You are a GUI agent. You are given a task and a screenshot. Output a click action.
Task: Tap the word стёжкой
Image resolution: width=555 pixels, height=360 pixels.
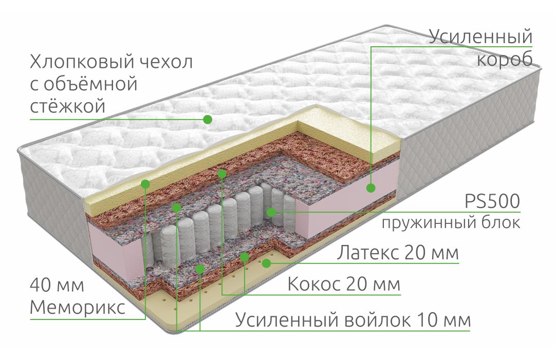68,106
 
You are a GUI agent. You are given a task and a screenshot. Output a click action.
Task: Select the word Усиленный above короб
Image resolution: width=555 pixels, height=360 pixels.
480,37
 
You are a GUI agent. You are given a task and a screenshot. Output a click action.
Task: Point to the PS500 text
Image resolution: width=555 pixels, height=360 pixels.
492,201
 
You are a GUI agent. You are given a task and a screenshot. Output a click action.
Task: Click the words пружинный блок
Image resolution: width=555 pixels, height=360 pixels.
451,223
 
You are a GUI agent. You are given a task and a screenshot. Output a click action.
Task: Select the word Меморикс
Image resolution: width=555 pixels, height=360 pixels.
78,308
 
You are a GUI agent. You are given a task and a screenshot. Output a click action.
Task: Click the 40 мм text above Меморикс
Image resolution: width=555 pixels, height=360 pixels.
57,285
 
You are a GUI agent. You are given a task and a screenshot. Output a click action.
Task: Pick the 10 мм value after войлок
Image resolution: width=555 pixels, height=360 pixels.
444,320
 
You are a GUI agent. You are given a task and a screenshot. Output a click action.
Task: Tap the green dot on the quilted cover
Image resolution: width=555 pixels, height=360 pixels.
208,120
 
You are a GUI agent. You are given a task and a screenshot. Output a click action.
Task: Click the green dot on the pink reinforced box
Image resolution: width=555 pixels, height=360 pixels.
371,188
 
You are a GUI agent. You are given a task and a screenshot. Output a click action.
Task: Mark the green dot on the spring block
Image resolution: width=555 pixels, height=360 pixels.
271,212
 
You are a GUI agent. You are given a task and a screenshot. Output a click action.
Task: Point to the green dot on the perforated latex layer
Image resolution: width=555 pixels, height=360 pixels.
267,263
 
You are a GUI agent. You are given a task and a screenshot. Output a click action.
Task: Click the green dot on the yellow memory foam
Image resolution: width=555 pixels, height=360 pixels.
145,184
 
